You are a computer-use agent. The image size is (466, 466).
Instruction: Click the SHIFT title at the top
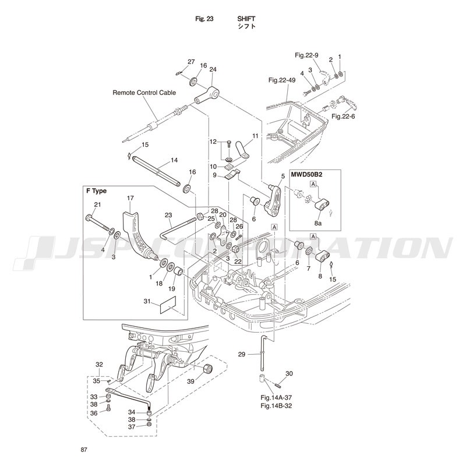pos(246,19)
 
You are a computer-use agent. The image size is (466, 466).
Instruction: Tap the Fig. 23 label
pos(204,19)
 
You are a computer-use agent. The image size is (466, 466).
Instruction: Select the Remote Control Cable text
pos(144,93)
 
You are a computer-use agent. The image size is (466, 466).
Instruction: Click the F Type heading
pos(96,191)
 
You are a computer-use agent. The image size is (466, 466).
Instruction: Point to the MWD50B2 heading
pos(307,174)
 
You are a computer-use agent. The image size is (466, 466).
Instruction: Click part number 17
pos(130,198)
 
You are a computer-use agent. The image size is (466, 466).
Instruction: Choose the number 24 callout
pos(213,69)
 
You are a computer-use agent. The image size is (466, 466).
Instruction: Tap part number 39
pos(191,381)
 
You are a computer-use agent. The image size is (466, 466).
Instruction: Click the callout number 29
pos(242,354)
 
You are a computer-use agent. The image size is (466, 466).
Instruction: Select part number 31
pos(147,301)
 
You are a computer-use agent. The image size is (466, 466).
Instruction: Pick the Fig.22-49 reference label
pos(282,80)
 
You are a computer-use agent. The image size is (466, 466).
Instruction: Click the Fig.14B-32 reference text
pos(276,405)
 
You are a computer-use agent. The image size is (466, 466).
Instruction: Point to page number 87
pos(84,450)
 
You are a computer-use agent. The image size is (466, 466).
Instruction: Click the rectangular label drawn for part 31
pos(168,305)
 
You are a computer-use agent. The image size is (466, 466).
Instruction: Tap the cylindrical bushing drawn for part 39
pos(207,369)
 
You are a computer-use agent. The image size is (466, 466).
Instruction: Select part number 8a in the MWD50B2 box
pos(318,223)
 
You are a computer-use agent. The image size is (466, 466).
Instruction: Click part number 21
pos(97,204)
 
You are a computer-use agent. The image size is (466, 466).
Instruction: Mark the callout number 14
pos(174,160)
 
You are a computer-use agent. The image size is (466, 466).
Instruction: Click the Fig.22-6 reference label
pos(343,116)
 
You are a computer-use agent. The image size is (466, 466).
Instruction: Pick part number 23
pos(168,215)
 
